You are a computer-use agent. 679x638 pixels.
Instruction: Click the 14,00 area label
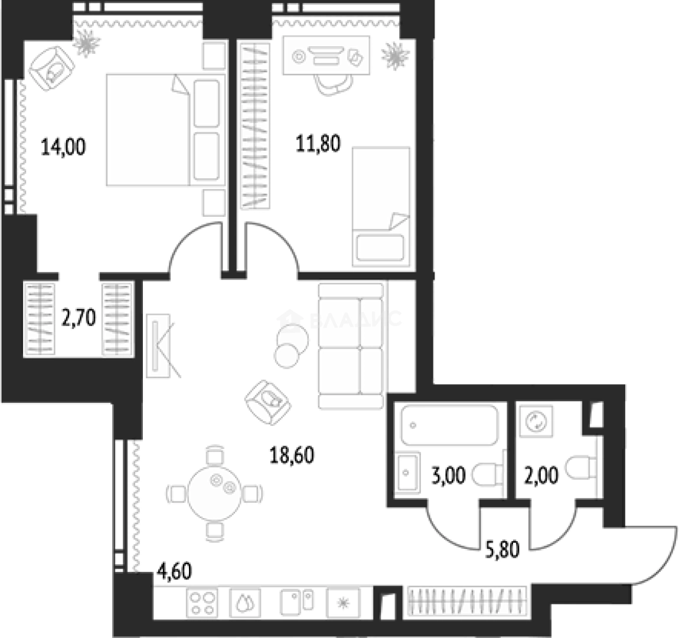tap(63, 147)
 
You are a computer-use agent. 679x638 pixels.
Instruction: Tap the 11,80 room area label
tap(318, 144)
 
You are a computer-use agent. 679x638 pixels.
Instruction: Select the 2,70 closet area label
tap(79, 318)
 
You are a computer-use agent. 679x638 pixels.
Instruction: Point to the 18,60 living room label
tap(292, 455)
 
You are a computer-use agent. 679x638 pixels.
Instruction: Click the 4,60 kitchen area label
tap(174, 571)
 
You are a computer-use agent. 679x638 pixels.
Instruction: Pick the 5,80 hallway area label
tap(502, 549)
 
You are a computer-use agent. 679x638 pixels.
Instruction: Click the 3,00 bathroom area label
tap(449, 475)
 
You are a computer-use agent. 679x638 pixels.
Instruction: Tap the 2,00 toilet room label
tap(541, 475)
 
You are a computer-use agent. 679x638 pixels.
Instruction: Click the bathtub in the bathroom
tap(449, 425)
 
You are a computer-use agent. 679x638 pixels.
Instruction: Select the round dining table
tap(215, 493)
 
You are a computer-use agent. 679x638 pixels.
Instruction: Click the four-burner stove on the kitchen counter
tap(203, 603)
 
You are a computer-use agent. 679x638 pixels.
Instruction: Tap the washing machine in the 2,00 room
tap(537, 421)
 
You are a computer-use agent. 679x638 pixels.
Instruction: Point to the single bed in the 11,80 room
tap(381, 206)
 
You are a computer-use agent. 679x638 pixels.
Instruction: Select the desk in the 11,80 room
tap(326, 56)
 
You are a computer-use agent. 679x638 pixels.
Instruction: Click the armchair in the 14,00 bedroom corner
tap(52, 68)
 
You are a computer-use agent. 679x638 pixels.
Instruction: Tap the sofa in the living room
tap(351, 346)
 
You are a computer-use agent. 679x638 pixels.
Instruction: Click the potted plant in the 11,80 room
tap(395, 56)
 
